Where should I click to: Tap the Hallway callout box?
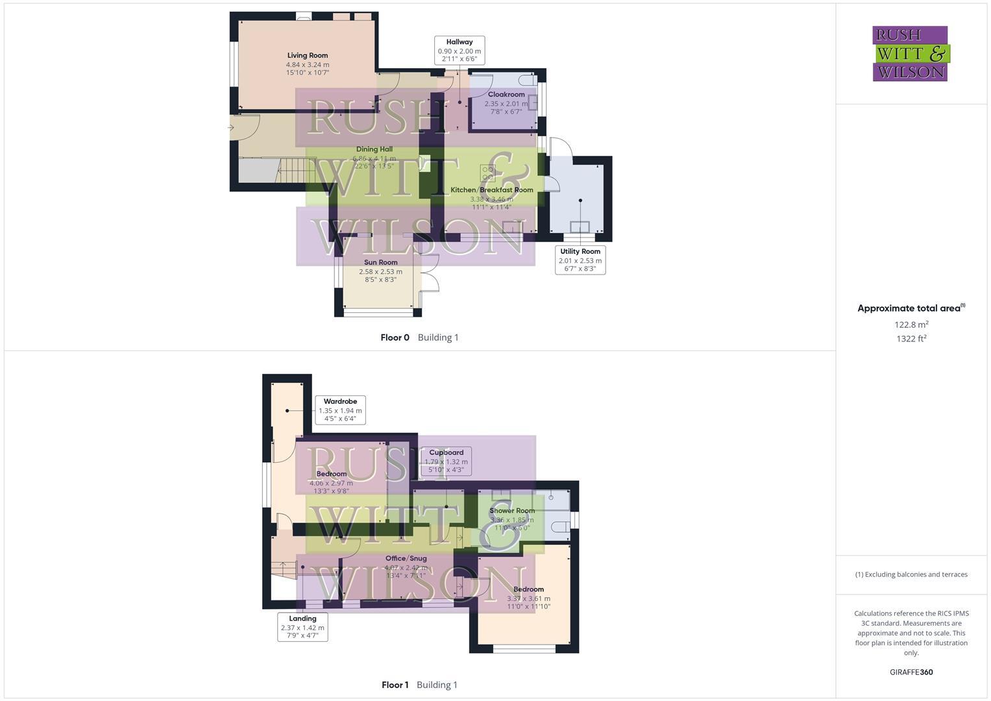pyautogui.click(x=459, y=50)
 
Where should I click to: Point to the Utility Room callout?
pyautogui.click(x=580, y=260)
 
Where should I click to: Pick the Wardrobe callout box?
pyautogui.click(x=340, y=410)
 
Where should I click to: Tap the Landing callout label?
pyautogui.click(x=302, y=627)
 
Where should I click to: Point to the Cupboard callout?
pyautogui.click(x=446, y=461)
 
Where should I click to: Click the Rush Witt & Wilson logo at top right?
pyautogui.click(x=910, y=53)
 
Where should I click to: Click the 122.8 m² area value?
pyautogui.click(x=911, y=325)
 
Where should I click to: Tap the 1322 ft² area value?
pyautogui.click(x=911, y=339)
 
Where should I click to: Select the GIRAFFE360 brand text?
pyautogui.click(x=911, y=672)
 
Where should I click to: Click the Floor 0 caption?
pyautogui.click(x=395, y=338)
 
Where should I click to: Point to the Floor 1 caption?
pyautogui.click(x=395, y=685)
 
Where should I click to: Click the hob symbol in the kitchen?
pyautogui.click(x=487, y=173)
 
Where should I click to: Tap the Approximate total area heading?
pyautogui.click(x=911, y=308)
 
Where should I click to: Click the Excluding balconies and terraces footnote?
pyautogui.click(x=911, y=574)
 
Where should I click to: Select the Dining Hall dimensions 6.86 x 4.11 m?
pyautogui.click(x=374, y=158)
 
